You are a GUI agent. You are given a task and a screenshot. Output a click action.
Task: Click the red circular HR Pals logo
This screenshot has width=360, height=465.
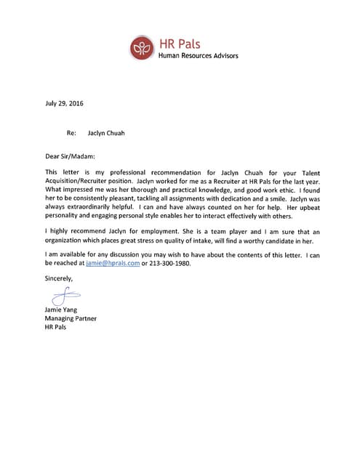click(143, 48)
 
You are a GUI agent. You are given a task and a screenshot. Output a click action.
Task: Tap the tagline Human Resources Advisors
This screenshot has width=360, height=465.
click(199, 56)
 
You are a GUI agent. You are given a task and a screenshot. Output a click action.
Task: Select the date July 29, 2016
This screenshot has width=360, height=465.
click(64, 103)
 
